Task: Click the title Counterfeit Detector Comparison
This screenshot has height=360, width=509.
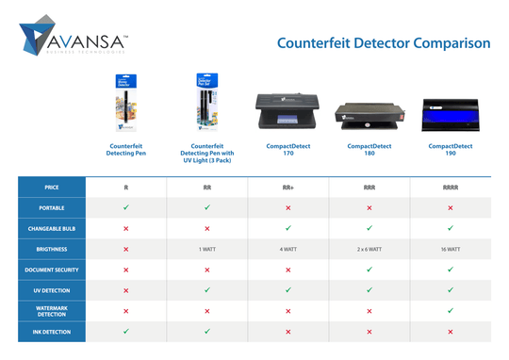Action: [x=384, y=43]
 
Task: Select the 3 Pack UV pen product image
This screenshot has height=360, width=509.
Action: [x=206, y=103]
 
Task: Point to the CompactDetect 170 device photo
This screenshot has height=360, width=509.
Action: [x=288, y=113]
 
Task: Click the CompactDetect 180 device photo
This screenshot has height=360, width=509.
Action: [x=369, y=116]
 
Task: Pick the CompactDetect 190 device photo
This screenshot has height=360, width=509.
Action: [x=451, y=115]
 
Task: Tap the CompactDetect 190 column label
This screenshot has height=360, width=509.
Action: [x=451, y=151]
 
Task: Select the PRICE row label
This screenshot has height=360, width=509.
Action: [x=52, y=188]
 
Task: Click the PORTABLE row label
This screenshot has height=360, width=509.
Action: [x=52, y=207]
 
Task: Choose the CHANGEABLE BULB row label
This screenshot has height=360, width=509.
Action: [x=52, y=228]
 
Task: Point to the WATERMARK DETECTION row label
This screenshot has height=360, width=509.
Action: [x=52, y=310]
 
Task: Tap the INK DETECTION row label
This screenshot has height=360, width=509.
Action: [x=52, y=332]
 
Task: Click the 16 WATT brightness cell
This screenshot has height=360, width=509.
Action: [x=451, y=249]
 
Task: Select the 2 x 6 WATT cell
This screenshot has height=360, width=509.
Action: [x=369, y=249]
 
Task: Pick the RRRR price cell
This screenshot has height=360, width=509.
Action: [x=451, y=188]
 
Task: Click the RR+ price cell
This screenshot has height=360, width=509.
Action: [x=288, y=188]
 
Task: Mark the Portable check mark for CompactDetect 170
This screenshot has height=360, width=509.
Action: [x=288, y=207]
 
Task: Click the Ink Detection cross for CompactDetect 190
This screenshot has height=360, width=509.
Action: [x=451, y=332]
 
